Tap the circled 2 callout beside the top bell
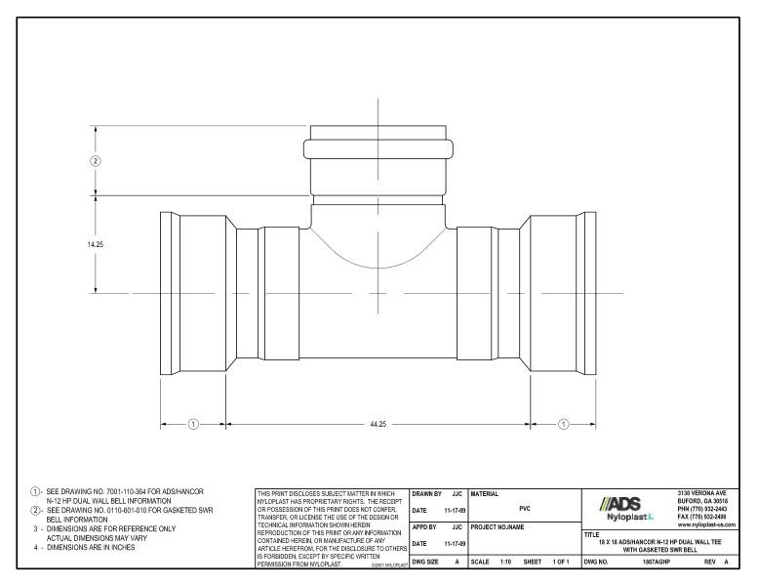click(x=96, y=160)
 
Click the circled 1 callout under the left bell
click(x=193, y=425)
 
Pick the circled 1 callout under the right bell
click(x=563, y=425)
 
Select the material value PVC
click(x=525, y=509)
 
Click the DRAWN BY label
click(x=426, y=494)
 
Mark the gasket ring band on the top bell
click(x=378, y=151)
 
